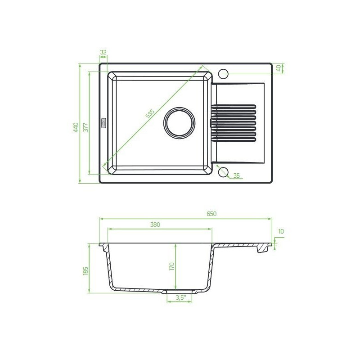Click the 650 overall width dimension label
click(x=211, y=214)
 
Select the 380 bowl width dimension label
click(x=155, y=225)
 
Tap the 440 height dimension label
click(x=76, y=127)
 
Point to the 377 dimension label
click(x=85, y=127)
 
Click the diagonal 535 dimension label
click(x=150, y=114)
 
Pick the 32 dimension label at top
click(x=103, y=52)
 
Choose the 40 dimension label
click(x=279, y=68)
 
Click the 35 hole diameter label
click(x=236, y=175)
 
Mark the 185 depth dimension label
click(x=85, y=271)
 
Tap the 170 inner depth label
click(x=172, y=266)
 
